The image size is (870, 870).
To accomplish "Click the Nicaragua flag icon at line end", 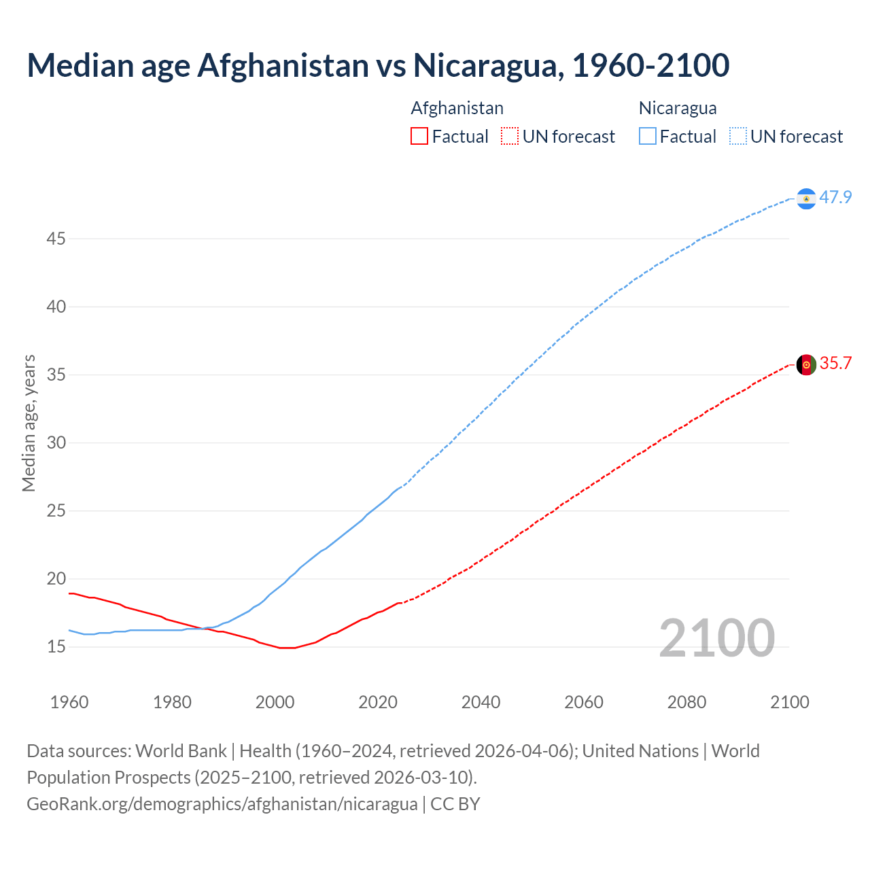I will click(805, 198).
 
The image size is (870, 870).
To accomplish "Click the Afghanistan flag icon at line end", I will click(805, 364).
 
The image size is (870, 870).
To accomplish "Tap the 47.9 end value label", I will click(835, 198).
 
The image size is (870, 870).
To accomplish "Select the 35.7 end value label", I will click(835, 364).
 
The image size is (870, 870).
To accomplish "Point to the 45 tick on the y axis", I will click(56, 239).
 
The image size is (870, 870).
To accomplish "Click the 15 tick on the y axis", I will click(56, 646).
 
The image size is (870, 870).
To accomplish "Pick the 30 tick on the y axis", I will click(56, 442).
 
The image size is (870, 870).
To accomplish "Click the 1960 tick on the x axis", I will click(69, 702).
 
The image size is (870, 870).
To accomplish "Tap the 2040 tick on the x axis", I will click(481, 702).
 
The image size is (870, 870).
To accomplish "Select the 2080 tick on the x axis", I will click(686, 702).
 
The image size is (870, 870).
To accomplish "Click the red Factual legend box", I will click(419, 137).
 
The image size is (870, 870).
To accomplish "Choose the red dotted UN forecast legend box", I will click(510, 137).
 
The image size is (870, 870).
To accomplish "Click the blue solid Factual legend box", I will click(647, 137).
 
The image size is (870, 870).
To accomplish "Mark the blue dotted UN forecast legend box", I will click(737, 137).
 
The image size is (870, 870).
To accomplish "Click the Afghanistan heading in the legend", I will click(457, 108).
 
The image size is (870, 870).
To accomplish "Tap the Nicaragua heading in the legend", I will click(677, 108).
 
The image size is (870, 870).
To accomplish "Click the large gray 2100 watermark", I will click(716, 638).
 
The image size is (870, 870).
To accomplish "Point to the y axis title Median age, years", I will click(29, 423).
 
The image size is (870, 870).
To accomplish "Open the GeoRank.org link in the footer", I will click(222, 804).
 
